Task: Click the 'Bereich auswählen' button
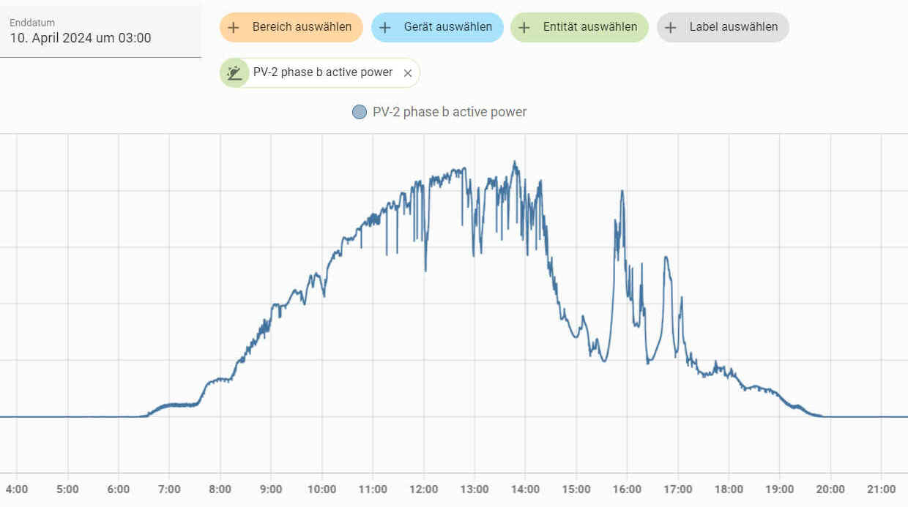click(x=291, y=27)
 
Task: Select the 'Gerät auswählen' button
click(x=437, y=27)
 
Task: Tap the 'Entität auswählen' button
click(x=579, y=27)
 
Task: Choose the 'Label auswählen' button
click(x=723, y=27)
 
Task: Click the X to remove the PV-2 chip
click(x=408, y=72)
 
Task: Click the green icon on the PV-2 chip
click(x=235, y=72)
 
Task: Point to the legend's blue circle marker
click(x=360, y=112)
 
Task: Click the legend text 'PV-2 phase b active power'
click(x=450, y=112)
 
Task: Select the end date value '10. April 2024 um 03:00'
click(x=81, y=38)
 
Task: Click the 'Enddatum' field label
click(x=32, y=23)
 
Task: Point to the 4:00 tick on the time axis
click(x=17, y=489)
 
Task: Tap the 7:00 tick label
click(x=169, y=489)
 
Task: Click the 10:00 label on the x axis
click(x=321, y=489)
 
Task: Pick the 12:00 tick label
click(x=423, y=489)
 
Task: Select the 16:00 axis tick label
click(x=627, y=489)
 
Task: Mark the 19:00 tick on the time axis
click(x=779, y=489)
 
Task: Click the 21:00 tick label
click(x=881, y=489)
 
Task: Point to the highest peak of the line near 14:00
click(x=515, y=162)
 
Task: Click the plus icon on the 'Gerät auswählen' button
click(x=385, y=27)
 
